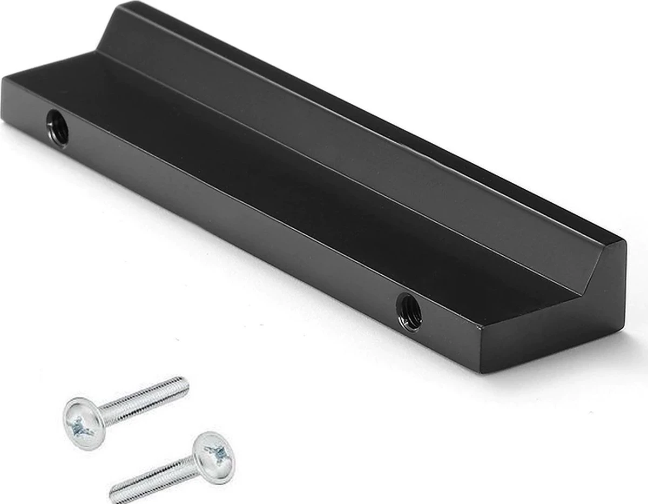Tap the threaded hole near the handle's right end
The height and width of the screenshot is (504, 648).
pos(409,311)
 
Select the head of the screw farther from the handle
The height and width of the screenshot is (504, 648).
pos(214,457)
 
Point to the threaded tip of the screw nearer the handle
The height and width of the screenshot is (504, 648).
pos(181,386)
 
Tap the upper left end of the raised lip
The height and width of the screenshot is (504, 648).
pos(122,6)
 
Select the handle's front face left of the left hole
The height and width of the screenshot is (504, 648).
pos(27,108)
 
